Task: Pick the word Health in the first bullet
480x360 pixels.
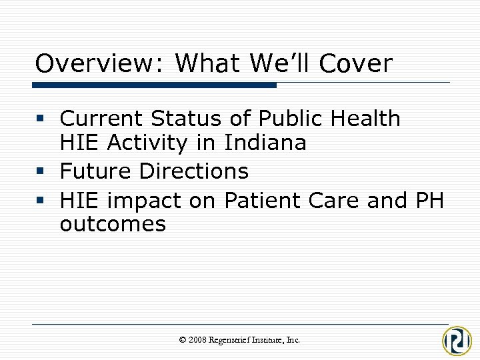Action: point(364,119)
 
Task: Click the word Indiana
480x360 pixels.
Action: point(265,143)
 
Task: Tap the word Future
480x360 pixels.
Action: point(95,171)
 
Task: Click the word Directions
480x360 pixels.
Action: point(193,171)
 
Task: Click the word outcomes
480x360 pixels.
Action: point(113,224)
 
